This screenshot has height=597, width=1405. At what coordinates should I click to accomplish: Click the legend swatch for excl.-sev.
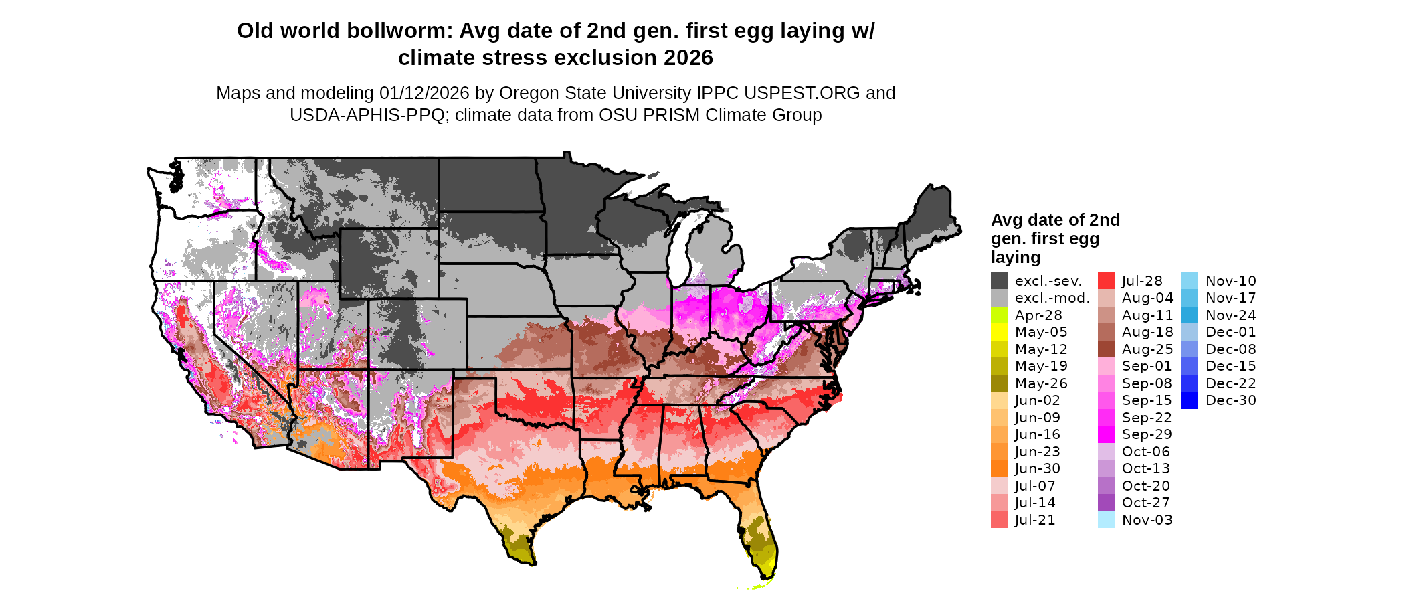click(999, 281)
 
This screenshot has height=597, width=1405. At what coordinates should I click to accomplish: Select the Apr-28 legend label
click(1038, 315)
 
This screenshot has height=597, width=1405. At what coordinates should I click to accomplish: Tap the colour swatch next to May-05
click(999, 332)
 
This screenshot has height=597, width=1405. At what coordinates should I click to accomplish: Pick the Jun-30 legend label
click(1037, 468)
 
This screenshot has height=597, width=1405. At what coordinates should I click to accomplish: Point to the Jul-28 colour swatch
click(1106, 281)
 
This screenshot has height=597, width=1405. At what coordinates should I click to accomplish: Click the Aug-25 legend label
click(1147, 349)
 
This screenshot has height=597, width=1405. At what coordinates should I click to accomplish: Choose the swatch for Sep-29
click(1106, 434)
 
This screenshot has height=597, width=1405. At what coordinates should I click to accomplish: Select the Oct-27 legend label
click(1146, 503)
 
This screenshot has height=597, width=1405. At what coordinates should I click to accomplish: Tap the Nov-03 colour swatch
click(1106, 520)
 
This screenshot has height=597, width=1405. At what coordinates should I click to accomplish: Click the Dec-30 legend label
click(1231, 400)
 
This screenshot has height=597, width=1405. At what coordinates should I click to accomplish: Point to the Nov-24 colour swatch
click(1189, 315)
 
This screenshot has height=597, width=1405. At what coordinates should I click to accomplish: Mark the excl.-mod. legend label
click(1052, 298)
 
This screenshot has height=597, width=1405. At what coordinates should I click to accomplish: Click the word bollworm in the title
click(400, 31)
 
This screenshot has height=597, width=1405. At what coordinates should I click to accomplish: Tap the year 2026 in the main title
click(688, 58)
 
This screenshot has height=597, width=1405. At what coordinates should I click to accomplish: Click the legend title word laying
click(1016, 258)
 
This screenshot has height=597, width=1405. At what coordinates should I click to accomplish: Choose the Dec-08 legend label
click(1231, 349)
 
